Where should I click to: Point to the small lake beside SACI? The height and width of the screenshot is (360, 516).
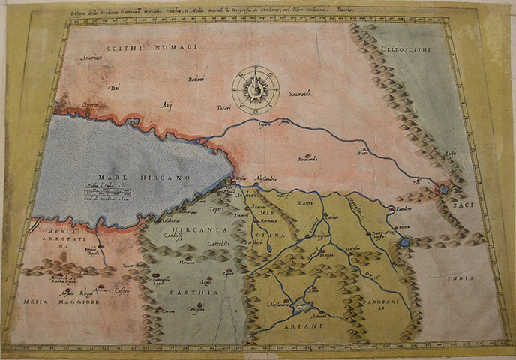(444, 190)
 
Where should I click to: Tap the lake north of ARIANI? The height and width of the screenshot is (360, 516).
(302, 304)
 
